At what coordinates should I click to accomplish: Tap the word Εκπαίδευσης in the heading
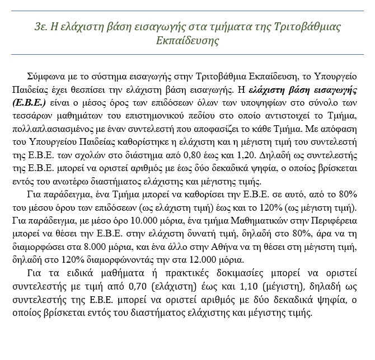187,41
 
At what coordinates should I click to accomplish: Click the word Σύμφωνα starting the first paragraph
46,77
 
